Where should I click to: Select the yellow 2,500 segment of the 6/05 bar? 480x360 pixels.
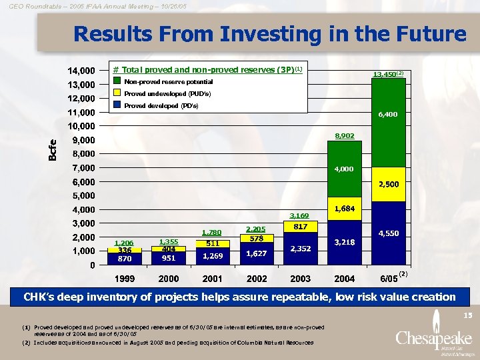click(389, 184)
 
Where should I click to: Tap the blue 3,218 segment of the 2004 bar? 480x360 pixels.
click(345, 243)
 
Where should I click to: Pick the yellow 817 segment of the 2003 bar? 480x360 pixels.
click(301, 227)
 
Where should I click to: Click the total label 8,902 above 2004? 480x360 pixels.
click(345, 135)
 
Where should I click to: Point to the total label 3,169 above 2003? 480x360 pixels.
click(300, 215)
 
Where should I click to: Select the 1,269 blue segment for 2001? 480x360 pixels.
click(213, 256)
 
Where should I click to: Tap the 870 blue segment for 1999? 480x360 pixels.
click(124, 259)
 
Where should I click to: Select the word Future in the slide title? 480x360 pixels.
click(427, 34)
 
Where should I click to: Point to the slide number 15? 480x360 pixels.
click(467, 314)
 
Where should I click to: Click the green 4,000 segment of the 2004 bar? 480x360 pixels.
click(345, 169)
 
